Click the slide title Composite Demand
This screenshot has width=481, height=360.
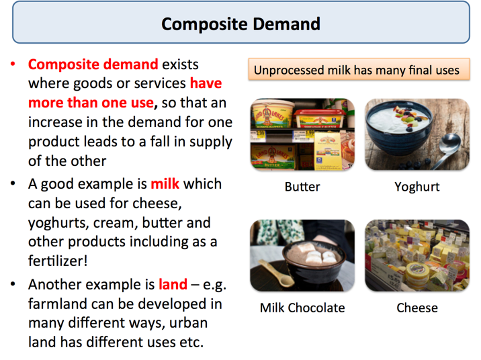240,25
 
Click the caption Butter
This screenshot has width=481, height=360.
302,187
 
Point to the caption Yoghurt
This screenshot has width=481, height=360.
417,187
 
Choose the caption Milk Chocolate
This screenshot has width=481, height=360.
302,308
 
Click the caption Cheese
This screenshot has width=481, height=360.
417,308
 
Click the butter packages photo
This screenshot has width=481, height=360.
302,134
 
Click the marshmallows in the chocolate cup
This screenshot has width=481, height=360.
312,256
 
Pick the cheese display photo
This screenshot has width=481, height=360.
417,255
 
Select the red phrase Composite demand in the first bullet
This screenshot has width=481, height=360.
93,65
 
